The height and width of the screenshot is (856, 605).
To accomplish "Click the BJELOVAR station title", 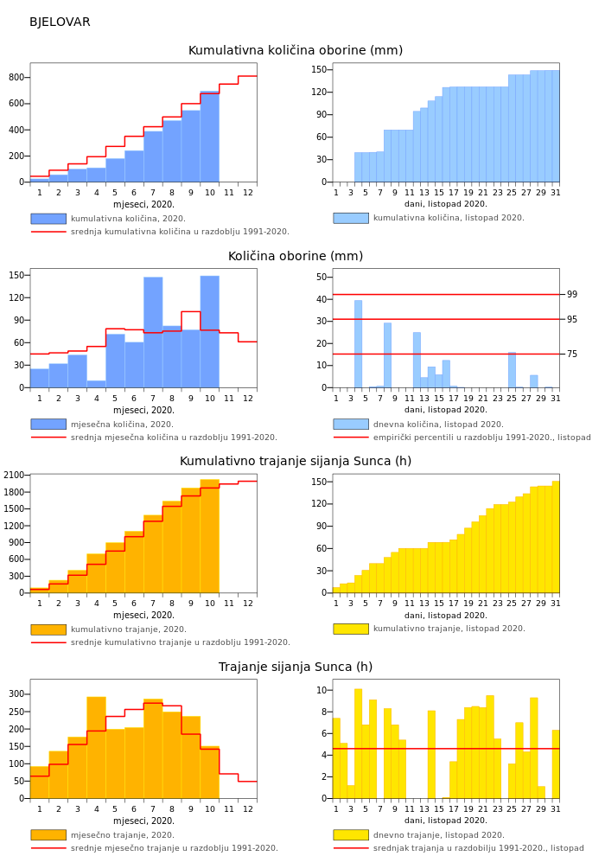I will pos(60,22).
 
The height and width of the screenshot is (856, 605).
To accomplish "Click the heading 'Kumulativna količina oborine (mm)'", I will pos(296,51).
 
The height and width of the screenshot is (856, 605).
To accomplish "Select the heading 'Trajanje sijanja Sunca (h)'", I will pos(296,668).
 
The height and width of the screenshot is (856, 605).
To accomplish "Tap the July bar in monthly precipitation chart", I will pos(153,333).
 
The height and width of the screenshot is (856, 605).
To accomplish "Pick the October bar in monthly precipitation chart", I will pos(209,332).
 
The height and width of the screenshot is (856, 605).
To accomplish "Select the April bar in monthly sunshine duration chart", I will pos(96,748).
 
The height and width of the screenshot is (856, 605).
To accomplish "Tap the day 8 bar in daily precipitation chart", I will pos(387,355).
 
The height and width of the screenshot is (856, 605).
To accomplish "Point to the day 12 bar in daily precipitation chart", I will pos(417,360).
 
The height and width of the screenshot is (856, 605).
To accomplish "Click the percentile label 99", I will pos(572,295).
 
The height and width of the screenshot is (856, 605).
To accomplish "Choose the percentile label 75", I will pos(572,355).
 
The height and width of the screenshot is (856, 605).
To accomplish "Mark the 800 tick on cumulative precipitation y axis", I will pos(16,78).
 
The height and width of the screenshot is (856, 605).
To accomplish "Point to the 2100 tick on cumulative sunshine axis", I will pos(13,476).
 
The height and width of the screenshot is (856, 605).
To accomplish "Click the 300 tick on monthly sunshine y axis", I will pos(16,694).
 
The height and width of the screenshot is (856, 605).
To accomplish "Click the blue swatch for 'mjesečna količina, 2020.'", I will pos(48,425).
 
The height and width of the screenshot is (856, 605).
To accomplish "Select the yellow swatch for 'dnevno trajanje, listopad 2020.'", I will pos(351,835).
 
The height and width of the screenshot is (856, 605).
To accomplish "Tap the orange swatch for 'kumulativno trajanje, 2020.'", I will pos(48,629).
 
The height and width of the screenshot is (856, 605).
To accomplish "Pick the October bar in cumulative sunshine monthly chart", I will pos(209,536).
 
